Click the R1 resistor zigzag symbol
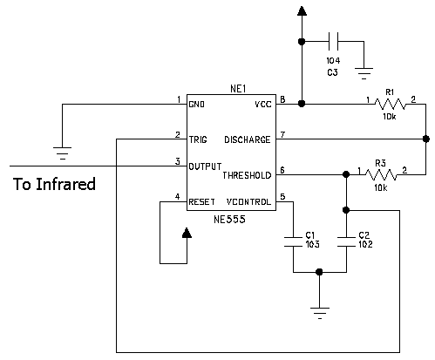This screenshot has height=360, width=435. (x=390, y=104)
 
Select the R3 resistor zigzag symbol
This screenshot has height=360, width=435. (x=381, y=174)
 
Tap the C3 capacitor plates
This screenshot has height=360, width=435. (x=333, y=42)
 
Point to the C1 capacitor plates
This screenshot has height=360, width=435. (x=293, y=242)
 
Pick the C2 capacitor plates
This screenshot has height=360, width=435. (x=346, y=242)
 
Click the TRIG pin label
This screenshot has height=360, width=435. (x=198, y=139)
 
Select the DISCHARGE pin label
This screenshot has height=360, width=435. (x=248, y=139)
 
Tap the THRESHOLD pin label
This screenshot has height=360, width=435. (x=247, y=175)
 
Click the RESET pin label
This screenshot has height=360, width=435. (x=202, y=202)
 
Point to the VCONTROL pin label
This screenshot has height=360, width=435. (x=248, y=202)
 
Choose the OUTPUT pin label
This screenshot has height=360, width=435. (x=205, y=166)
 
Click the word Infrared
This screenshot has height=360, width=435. (x=66, y=184)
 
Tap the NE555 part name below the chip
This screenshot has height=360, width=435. (x=229, y=220)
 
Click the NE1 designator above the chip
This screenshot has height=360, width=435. (x=238, y=89)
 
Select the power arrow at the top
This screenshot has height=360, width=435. (x=302, y=11)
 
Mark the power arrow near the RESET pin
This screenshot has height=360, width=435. (x=187, y=233)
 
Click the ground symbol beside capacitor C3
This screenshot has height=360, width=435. (x=364, y=73)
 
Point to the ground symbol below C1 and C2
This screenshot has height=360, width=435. (x=320, y=313)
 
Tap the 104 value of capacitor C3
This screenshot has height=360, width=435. (x=333, y=61)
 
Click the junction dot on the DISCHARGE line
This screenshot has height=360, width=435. (x=426, y=139)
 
